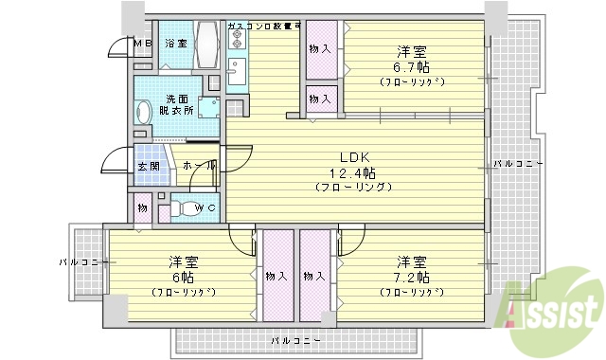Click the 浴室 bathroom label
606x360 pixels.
176,44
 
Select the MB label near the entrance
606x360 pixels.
141,44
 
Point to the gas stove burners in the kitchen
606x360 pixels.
237,41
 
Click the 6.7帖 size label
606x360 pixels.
410,66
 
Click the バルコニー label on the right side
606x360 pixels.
518,164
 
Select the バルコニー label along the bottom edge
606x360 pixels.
295,339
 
